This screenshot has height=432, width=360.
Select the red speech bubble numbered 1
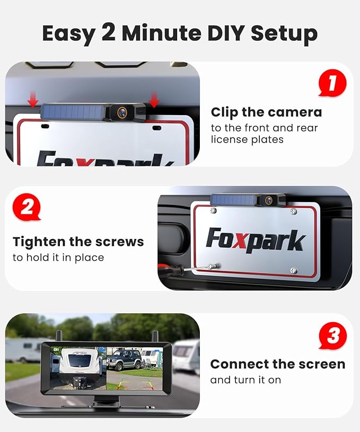click(332, 84)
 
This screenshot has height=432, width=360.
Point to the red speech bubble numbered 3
click(332, 337)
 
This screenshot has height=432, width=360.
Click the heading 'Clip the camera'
click(266, 112)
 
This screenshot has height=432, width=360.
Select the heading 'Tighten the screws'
click(78, 242)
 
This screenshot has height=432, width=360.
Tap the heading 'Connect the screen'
click(277, 364)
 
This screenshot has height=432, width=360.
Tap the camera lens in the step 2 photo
click(269, 200)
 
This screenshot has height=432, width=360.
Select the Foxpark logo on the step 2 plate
click(256, 240)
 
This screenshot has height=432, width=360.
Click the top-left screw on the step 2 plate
click(213, 210)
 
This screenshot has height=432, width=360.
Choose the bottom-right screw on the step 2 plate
click(293, 270)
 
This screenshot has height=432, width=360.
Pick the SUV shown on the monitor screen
click(124, 359)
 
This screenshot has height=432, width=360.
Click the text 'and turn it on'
click(245, 380)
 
